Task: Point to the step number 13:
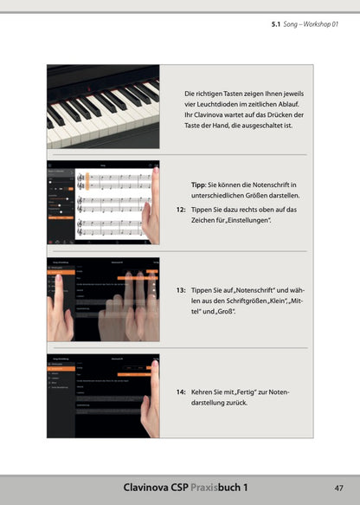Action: (181, 290)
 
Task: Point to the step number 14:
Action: (181, 392)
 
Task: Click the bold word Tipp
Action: (198, 185)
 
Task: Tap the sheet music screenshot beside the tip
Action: (103, 204)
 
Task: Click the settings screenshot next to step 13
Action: (103, 301)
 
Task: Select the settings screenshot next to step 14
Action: (103, 397)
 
